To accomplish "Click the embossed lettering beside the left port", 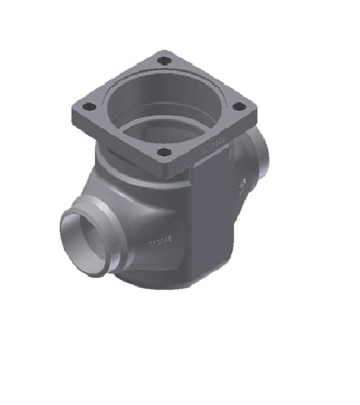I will tap(160, 242).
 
